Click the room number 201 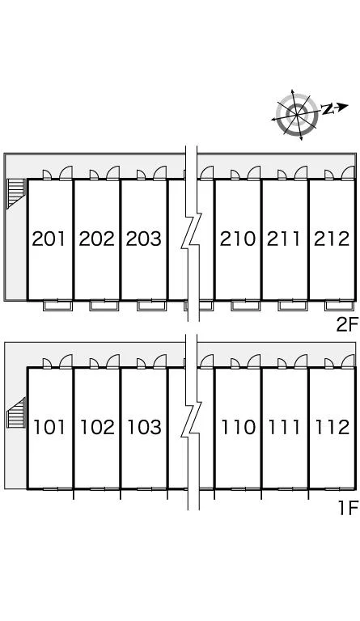point(49,239)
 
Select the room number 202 point(96,239)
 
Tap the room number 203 point(144,239)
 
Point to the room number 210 point(238,239)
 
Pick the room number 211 point(284,239)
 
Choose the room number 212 point(332,239)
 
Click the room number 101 point(49,427)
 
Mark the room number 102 point(97,427)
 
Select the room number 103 point(145,427)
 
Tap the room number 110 point(239,427)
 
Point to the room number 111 point(284,427)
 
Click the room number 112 point(332,427)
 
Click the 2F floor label point(347,326)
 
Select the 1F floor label point(349,508)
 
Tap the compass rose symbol point(297,115)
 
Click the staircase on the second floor point(16,193)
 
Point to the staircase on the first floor point(16,412)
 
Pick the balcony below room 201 point(57,306)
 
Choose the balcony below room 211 point(293,306)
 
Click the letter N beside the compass point(328,109)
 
